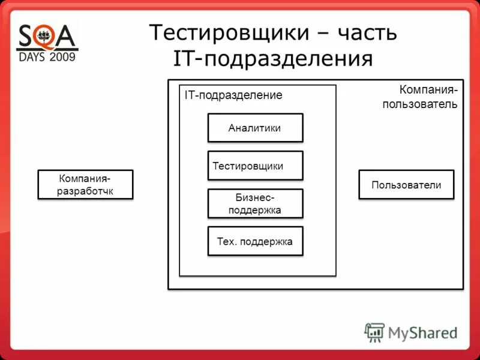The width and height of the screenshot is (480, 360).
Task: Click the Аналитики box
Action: click(x=255, y=128)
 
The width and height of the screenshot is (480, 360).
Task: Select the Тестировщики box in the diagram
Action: click(x=255, y=166)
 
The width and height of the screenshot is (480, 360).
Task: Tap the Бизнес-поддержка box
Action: click(x=255, y=203)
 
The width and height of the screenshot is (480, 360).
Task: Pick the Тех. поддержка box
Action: click(x=255, y=241)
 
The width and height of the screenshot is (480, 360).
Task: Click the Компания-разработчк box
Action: click(x=85, y=184)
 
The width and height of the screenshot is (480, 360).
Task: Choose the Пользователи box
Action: click(x=406, y=184)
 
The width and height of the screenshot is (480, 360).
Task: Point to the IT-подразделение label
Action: click(x=233, y=95)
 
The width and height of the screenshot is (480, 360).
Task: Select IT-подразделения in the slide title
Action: click(x=273, y=59)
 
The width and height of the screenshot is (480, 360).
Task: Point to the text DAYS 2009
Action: click(x=47, y=58)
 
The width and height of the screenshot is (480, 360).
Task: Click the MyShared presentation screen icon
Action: click(x=374, y=332)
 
